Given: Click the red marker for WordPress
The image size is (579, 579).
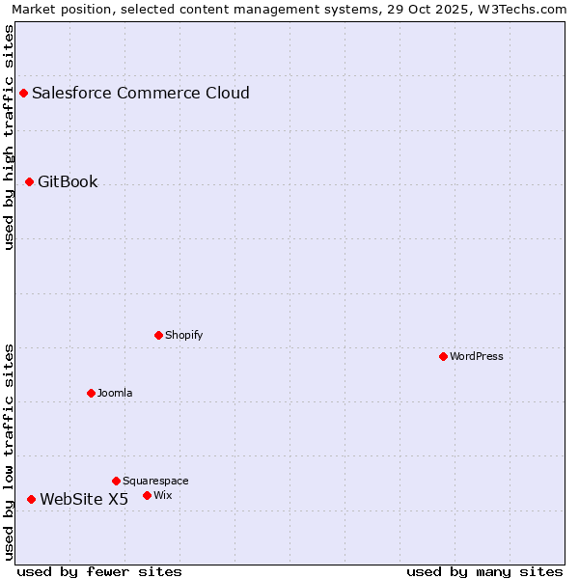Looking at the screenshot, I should coord(443,356).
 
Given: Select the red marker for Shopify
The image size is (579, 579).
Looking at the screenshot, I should coord(158,335).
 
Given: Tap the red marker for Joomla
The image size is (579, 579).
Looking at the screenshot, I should coord(91,393).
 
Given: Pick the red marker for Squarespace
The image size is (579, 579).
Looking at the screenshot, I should coord(116,481).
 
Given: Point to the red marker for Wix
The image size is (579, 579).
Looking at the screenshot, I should coord(147,495).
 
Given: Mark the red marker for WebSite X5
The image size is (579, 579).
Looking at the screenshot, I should coord(31,499).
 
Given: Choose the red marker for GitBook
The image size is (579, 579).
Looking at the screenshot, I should coord(29,181).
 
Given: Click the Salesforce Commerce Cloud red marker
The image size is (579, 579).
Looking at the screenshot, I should coord(23,93).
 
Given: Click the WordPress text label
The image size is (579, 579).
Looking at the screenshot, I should coord(477,356).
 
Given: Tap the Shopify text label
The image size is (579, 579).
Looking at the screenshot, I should coord(183,335).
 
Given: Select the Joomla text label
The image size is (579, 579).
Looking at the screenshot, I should coord(115,393).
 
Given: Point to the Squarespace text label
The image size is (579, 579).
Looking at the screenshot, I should coord(155,481).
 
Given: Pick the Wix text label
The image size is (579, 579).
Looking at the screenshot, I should coord(163,495).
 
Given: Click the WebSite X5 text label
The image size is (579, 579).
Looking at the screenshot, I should coord(84,499).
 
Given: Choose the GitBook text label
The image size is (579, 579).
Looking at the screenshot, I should coord(68,181).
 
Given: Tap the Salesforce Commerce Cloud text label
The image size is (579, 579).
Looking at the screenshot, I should coord(141,93).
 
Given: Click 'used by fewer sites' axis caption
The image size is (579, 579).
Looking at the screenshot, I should coord(99,571).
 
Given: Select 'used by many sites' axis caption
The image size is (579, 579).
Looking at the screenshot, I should coord(484,571).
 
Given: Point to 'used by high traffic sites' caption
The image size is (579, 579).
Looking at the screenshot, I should coord(9,137).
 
